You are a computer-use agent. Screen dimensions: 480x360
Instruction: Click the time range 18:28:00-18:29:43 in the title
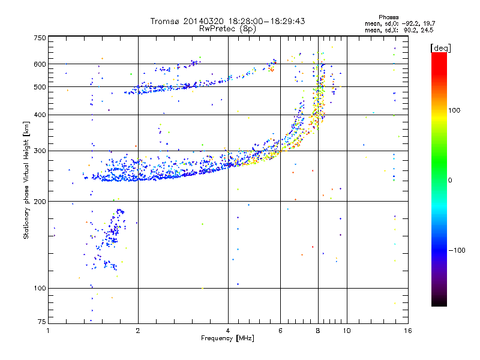coord(266,21)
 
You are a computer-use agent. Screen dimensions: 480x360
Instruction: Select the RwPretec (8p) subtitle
coord(227,29)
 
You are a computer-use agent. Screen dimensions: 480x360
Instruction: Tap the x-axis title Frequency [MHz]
coord(227,338)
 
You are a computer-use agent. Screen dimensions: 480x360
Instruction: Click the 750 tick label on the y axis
coord(40,38)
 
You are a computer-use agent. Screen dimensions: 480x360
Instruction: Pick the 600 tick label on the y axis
coord(40,64)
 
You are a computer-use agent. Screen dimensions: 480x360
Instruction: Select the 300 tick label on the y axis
coord(40,151)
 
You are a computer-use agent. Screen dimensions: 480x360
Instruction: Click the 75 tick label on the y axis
coord(42,322)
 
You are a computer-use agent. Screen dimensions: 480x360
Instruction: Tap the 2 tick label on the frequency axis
coord(138,331)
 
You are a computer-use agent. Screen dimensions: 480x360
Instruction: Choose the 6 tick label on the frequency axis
coord(280,331)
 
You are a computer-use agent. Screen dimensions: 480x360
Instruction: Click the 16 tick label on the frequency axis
coord(408,331)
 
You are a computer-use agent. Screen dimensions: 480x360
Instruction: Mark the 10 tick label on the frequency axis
coord(347,331)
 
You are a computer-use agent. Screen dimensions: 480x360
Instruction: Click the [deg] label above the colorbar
coord(441,48)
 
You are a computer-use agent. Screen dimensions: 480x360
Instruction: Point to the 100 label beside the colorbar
coord(454,110)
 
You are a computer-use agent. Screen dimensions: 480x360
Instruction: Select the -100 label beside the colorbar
coord(457,250)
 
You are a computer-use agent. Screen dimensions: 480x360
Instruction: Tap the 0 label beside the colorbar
coord(450,181)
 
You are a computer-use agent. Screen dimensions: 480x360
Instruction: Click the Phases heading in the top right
coord(388,17)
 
